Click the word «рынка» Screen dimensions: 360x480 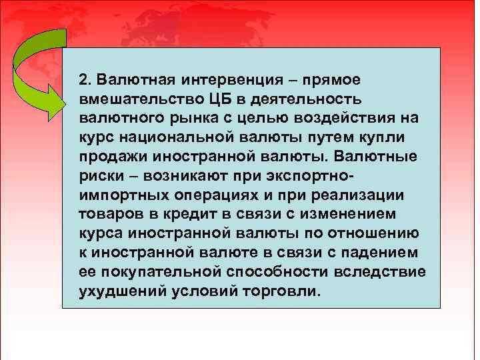coord(183,119)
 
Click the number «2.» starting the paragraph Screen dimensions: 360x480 coord(85,81)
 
